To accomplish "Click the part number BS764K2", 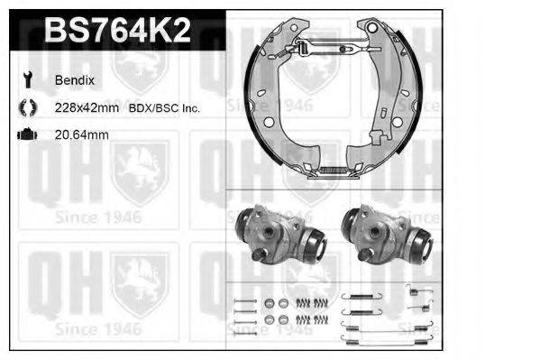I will click(117, 32).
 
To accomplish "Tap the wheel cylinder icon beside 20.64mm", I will click(25, 135).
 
